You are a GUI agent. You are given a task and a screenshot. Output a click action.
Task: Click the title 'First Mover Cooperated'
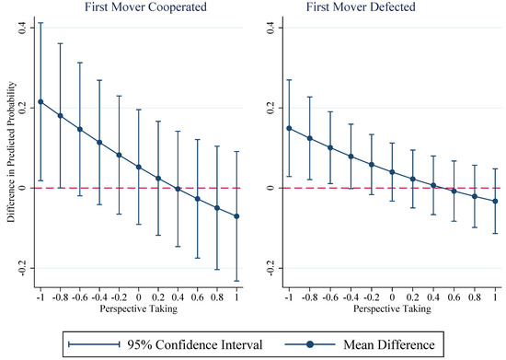(145, 6)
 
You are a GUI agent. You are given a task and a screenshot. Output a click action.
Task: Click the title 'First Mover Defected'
(361, 6)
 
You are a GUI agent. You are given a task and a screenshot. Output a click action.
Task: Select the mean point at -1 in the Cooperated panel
(40, 102)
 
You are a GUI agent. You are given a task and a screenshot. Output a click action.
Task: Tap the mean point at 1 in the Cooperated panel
(236, 216)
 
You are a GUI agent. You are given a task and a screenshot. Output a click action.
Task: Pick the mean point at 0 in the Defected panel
(392, 172)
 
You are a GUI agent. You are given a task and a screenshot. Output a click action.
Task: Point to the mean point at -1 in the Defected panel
(289, 129)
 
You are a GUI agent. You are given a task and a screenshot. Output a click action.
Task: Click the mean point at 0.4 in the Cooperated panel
(178, 189)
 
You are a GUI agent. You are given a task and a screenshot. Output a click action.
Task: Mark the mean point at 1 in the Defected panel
(495, 201)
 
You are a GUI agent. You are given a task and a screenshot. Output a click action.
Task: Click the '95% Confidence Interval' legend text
(195, 345)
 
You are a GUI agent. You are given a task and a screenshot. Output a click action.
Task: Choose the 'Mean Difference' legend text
(389, 345)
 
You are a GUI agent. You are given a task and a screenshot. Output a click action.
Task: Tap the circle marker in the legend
(310, 345)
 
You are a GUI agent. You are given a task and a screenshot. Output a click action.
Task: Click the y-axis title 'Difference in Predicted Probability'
(12, 152)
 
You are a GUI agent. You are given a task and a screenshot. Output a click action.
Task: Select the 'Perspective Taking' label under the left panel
(138, 309)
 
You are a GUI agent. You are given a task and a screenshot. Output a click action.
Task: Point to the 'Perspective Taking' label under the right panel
(392, 309)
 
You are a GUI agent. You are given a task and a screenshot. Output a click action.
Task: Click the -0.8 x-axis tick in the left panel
(60, 297)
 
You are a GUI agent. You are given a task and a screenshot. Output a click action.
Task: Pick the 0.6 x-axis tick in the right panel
(454, 297)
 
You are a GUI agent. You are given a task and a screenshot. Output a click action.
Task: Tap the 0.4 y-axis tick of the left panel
(23, 28)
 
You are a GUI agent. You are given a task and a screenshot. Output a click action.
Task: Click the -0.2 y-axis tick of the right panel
(270, 268)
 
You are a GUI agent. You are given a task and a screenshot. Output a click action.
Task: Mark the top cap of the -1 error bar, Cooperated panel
(40, 23)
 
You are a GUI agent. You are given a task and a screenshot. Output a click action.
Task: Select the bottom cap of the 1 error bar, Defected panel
(495, 234)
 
